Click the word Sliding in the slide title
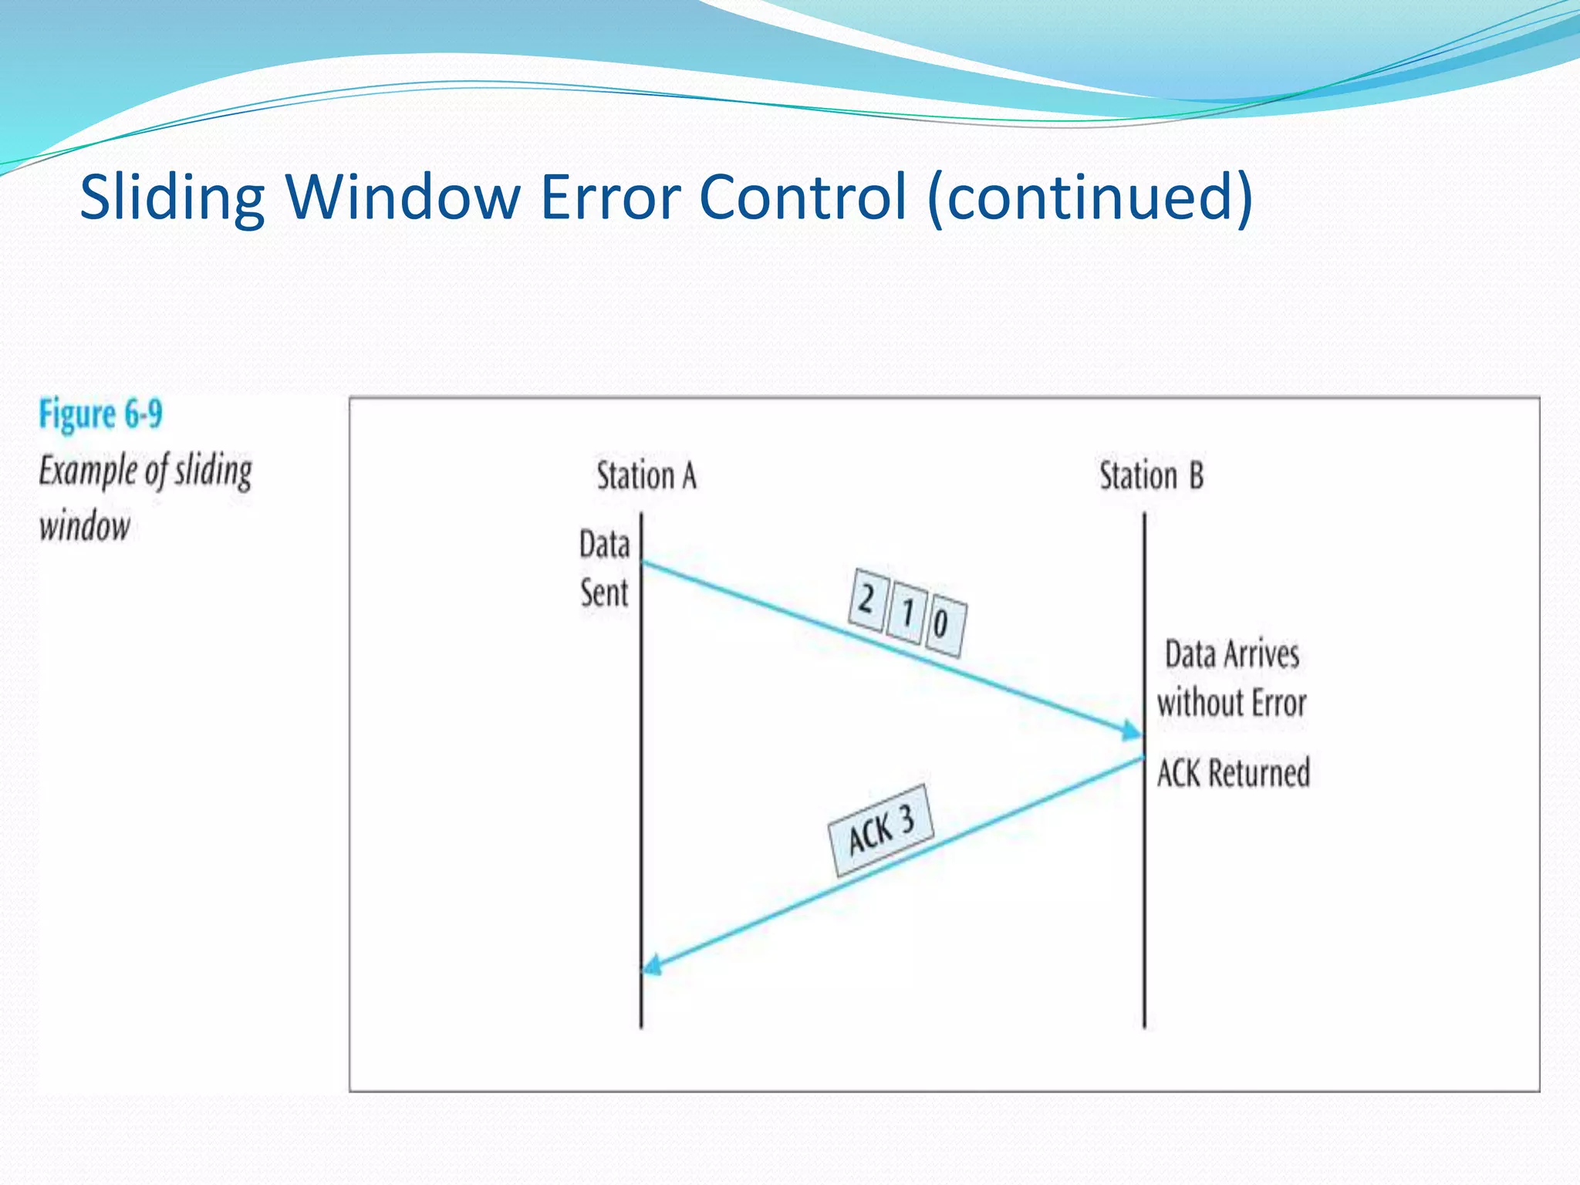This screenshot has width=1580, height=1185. [172, 198]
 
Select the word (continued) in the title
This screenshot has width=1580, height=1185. [1091, 198]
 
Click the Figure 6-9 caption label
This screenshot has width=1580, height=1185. [101, 415]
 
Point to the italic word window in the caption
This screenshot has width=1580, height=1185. [85, 528]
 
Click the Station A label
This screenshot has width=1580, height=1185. [647, 475]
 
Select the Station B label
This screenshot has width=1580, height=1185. [1151, 475]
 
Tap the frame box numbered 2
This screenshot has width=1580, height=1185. [867, 600]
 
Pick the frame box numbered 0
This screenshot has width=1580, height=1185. [943, 625]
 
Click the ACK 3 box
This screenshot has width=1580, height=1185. [881, 830]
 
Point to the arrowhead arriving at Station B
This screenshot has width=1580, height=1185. [1133, 731]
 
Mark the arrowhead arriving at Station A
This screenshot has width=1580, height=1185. [653, 965]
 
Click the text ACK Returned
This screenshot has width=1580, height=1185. [1233, 773]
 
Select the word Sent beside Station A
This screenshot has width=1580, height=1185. [604, 593]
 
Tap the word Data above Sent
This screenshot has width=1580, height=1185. [604, 545]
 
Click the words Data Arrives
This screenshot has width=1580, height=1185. [1231, 654]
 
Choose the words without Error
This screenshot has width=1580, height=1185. [1231, 703]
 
